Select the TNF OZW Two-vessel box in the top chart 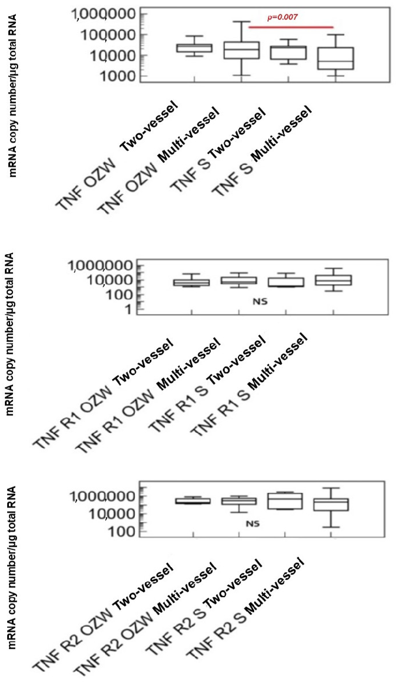(194, 48)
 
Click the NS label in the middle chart (260, 301)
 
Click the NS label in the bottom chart (253, 524)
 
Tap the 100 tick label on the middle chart (120, 295)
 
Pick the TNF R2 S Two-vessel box (285, 501)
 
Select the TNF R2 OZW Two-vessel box (193, 501)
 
